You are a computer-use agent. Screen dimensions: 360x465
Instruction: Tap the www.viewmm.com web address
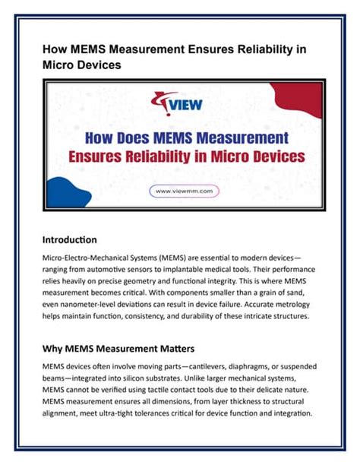click(180, 191)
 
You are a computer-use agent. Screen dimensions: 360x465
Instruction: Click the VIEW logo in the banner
click(180, 104)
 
